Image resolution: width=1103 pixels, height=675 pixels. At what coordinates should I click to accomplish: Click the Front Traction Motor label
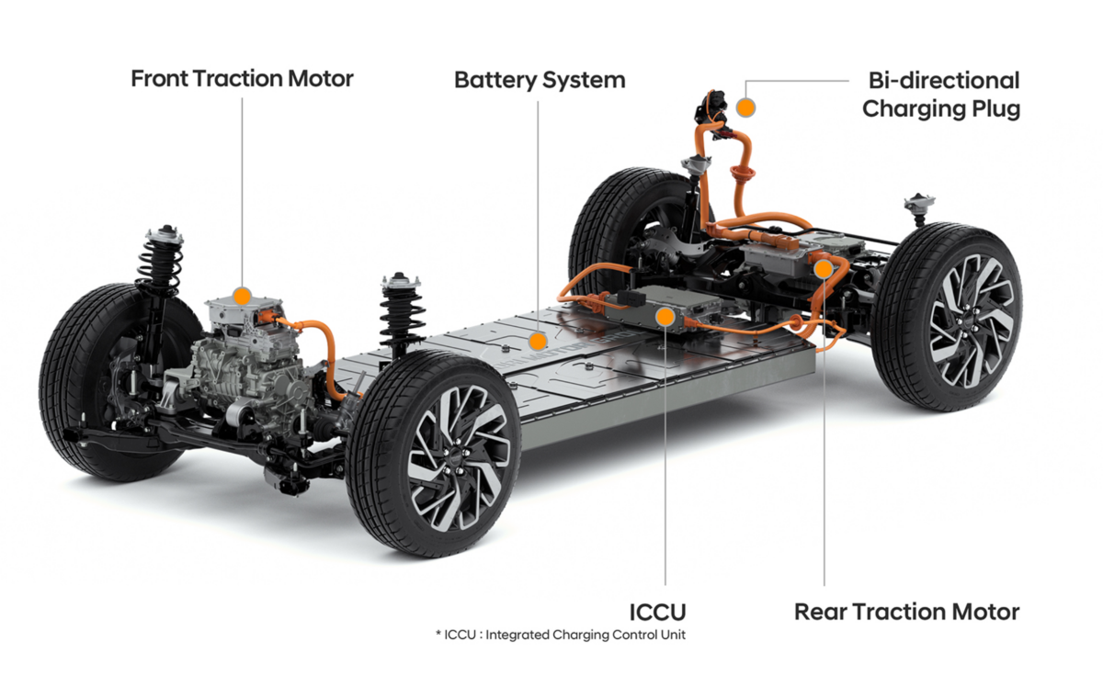243,79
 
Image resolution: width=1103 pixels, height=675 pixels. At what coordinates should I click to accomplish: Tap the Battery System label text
540,80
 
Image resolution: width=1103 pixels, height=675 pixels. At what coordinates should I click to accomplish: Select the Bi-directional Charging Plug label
941,95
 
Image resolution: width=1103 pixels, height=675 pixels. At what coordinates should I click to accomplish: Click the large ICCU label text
657,613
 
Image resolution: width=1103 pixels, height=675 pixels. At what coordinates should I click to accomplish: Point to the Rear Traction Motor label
907,612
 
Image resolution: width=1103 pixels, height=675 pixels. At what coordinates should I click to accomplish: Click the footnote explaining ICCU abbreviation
561,635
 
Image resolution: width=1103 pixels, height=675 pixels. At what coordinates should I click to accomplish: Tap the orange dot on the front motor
243,297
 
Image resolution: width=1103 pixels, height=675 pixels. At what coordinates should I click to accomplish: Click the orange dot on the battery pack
539,342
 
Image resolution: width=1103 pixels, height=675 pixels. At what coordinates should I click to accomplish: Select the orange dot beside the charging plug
746,107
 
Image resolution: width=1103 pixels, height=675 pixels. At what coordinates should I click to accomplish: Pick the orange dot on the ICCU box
665,318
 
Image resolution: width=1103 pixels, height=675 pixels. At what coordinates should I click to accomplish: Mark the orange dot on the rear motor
824,269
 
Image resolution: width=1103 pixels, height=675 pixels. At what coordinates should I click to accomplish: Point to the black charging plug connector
709,108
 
